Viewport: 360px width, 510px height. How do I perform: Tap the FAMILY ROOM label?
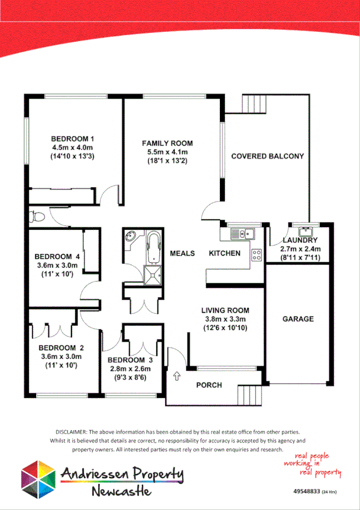pos(167,143)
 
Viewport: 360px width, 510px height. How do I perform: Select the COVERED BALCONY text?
pos(267,156)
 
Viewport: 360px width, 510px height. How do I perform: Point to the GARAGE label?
pos(297,319)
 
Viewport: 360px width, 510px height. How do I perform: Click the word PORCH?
pos(209,385)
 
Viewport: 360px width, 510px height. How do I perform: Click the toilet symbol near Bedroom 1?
pos(37,215)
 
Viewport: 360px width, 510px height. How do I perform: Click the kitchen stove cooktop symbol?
pos(257,254)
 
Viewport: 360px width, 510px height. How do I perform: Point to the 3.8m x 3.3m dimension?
pos(224,319)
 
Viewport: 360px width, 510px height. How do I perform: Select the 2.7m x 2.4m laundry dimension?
pos(302,249)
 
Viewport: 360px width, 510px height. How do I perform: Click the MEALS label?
pos(182,253)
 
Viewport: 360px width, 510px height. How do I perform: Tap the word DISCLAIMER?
pos(72,432)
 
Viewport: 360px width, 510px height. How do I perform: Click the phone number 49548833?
pos(307,492)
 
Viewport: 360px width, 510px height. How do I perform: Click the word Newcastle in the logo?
pos(121,491)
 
